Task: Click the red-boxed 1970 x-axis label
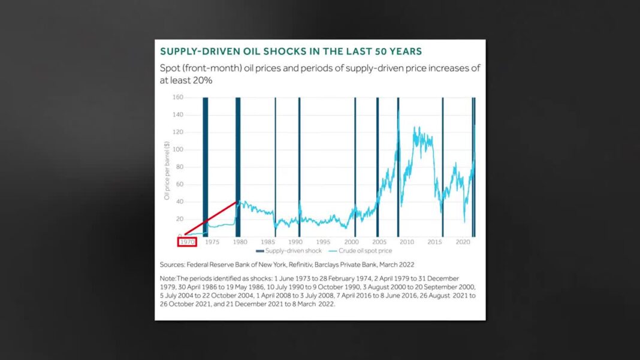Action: coord(187,242)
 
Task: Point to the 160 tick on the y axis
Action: coord(177,97)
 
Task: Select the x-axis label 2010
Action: coord(407,242)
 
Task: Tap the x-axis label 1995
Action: coord(324,242)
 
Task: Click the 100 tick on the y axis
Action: coord(177,149)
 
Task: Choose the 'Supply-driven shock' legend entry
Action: coord(289,251)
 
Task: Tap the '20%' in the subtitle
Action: coord(206,79)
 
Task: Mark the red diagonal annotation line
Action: coord(211,218)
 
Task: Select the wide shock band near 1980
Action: coord(238,167)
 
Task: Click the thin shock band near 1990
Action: coord(299,167)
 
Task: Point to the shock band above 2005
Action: coord(378,167)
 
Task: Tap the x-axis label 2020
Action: coord(463,242)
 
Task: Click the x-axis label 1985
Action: coord(268,242)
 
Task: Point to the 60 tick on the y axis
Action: coord(179,184)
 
